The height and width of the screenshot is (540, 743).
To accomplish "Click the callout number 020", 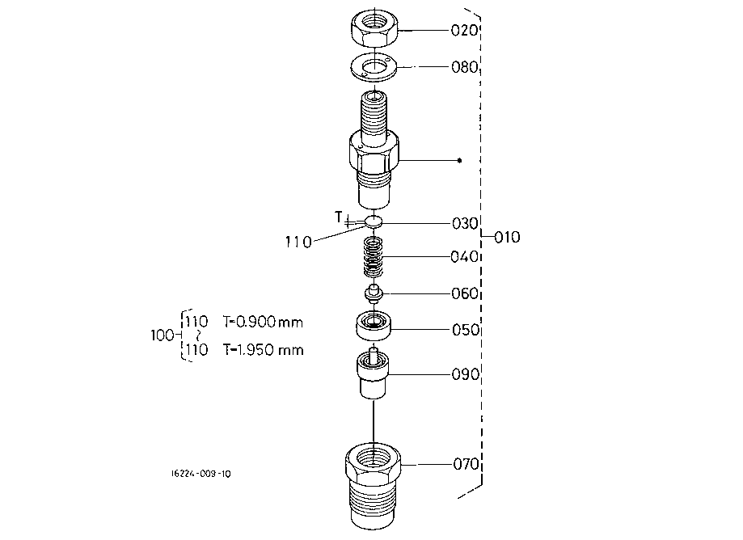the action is click(464, 31).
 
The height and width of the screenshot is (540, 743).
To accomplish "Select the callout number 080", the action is click(464, 67).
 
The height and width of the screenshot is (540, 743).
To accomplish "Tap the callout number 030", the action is click(465, 223).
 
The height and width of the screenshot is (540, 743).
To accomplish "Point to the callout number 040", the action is click(464, 257).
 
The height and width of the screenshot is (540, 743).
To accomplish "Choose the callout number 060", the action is click(465, 293).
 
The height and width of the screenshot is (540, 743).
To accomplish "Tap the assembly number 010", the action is click(507, 237).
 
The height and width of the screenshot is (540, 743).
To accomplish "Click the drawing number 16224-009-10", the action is click(201, 474).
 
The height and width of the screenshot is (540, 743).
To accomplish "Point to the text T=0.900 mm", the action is click(263, 322).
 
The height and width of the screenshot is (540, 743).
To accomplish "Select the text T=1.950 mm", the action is click(264, 350).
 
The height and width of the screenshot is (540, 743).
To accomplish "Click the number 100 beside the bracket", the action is click(162, 335).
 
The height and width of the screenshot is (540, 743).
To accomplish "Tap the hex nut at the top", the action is click(375, 28).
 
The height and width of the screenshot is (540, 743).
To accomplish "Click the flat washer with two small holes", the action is click(374, 66).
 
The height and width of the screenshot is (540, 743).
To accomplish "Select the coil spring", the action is click(374, 257).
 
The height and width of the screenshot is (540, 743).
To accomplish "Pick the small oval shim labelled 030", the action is click(374, 220).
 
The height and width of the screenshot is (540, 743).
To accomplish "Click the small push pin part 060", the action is click(374, 293).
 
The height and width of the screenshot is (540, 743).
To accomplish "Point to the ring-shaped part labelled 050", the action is click(374, 325).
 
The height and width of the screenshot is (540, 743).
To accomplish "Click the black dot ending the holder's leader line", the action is click(459, 161).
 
